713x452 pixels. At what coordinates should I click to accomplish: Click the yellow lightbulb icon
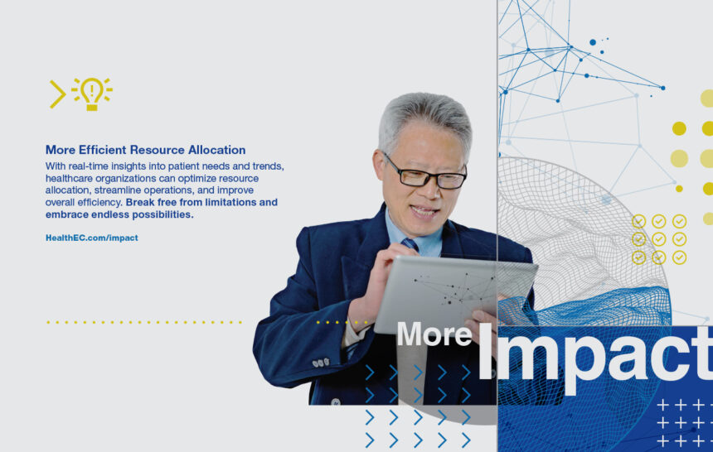coord(92,94)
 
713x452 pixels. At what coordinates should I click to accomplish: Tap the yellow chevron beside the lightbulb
coord(57,94)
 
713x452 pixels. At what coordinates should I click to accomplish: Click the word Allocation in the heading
coord(217,150)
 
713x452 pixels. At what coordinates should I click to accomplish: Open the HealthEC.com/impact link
coord(92,238)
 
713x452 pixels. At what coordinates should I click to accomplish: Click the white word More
coord(434,334)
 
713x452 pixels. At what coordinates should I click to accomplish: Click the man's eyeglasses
coord(425,173)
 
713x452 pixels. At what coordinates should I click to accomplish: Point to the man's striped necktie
coord(410,244)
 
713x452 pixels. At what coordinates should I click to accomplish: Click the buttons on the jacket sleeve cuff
coord(321,363)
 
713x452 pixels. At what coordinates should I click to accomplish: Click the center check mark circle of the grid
coord(659,239)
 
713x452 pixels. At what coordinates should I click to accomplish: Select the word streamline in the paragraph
coord(118,190)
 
